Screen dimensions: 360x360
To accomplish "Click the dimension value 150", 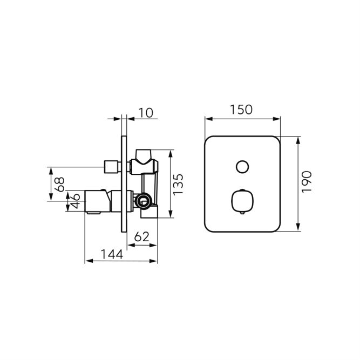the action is pyautogui.click(x=241, y=110).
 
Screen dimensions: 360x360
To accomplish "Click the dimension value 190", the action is pyautogui.click(x=307, y=182).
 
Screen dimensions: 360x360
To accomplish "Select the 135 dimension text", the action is pyautogui.click(x=178, y=185).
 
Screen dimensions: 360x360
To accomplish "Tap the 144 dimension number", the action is pyautogui.click(x=112, y=254).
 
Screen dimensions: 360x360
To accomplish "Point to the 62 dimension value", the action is pyautogui.click(x=141, y=237).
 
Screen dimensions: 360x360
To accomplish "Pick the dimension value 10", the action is pyautogui.click(x=146, y=113).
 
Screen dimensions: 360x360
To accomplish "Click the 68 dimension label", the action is pyautogui.click(x=59, y=185).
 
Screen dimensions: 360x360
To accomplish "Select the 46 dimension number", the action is pyautogui.click(x=75, y=201).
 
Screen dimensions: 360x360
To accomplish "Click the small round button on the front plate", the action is pyautogui.click(x=242, y=167).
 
